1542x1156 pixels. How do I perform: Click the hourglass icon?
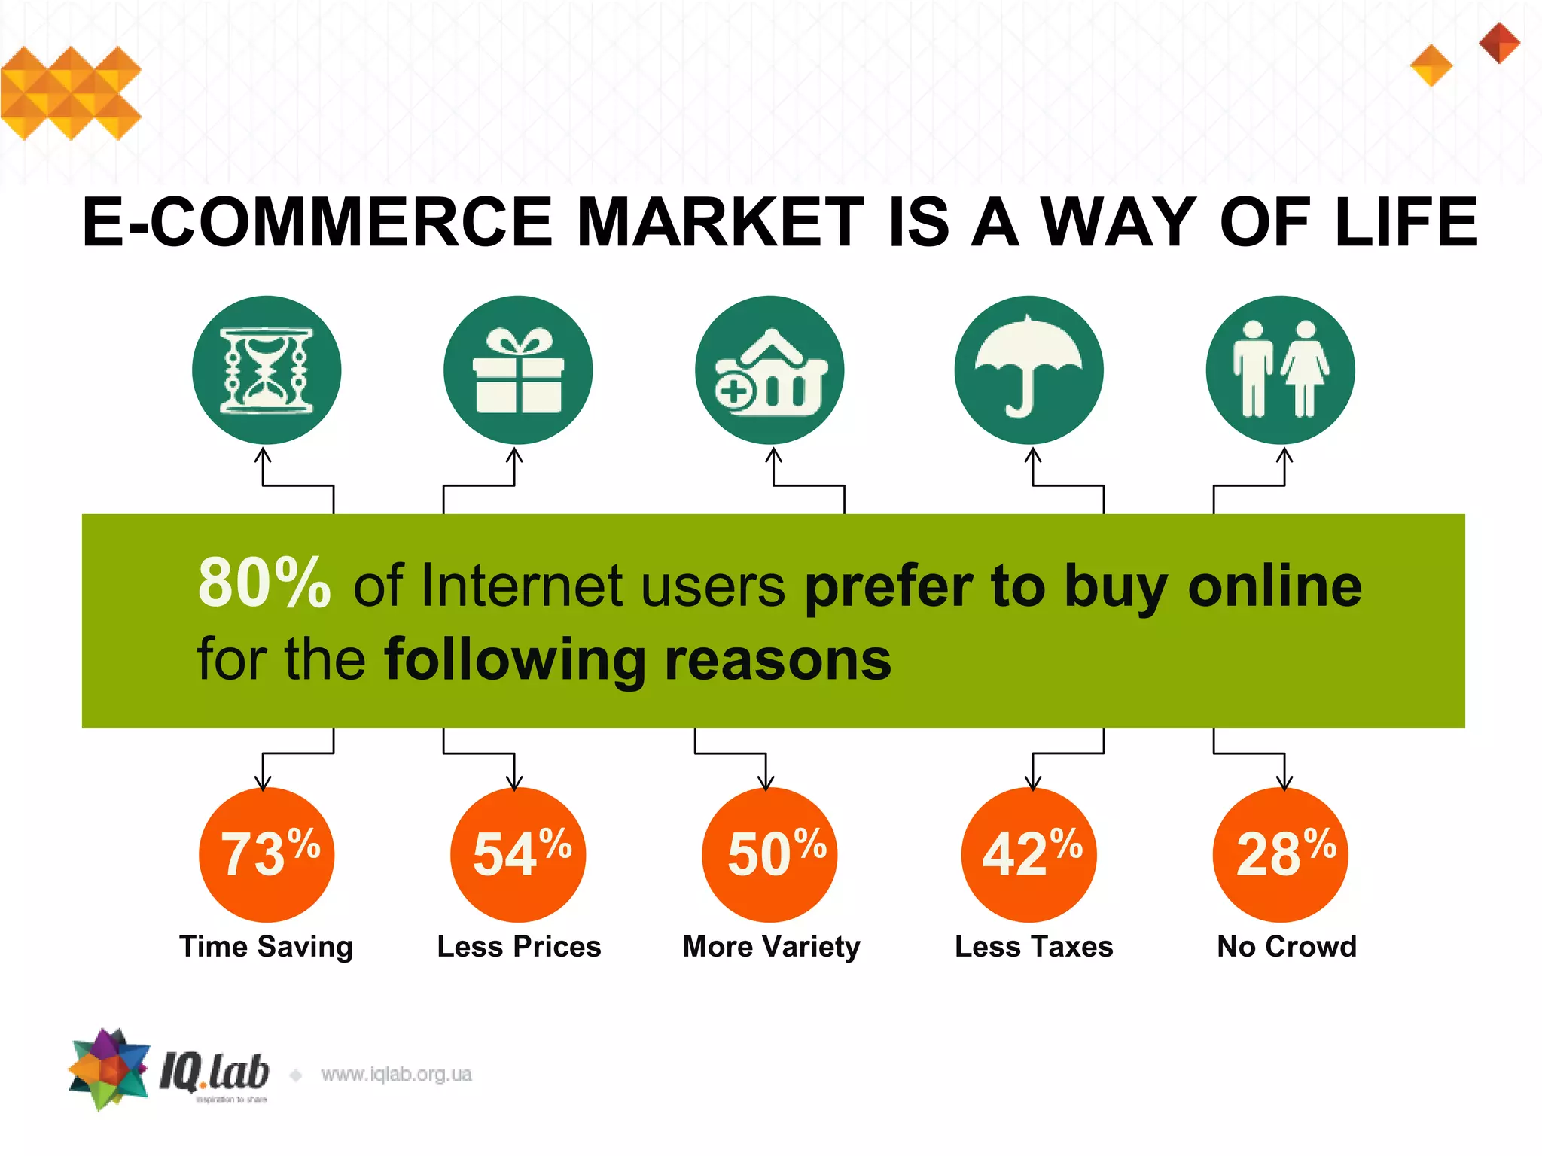[267, 370]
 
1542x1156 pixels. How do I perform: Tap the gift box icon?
[518, 370]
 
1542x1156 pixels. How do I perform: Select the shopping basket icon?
[769, 370]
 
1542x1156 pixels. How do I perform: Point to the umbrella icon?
[1029, 370]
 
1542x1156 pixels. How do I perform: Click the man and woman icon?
[1280, 370]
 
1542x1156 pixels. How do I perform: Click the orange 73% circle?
[267, 855]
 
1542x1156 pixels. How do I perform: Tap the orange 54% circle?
[518, 855]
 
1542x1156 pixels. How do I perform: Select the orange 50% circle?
[769, 855]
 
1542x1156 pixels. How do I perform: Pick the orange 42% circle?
[1029, 855]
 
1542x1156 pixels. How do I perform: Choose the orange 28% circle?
[1280, 855]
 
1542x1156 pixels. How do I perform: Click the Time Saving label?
[267, 947]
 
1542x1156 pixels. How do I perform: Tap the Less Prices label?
[519, 947]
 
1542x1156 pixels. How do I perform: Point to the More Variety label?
[771, 947]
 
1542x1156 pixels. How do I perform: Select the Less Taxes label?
[1034, 947]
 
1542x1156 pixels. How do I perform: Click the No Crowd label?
[1287, 947]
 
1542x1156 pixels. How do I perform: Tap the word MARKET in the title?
[721, 222]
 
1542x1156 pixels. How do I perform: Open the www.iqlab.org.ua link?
[396, 1074]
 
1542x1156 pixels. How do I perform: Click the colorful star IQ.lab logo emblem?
[110, 1069]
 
